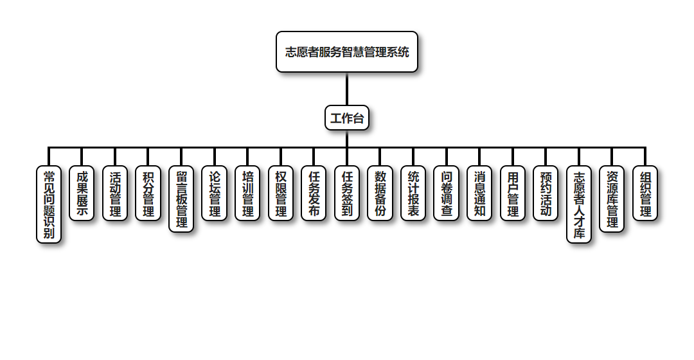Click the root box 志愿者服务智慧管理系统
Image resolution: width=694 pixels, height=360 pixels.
pos(347,52)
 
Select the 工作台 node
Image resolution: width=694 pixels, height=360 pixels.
pos(347,118)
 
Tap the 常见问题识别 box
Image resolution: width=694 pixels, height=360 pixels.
pos(49,204)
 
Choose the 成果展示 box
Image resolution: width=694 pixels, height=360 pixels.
pos(82,194)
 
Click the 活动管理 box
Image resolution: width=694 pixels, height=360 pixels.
pos(115,194)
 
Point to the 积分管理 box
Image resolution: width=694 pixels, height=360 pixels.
pos(148,194)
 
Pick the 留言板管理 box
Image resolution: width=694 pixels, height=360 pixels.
pos(181,199)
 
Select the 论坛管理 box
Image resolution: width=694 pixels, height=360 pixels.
pos(215,194)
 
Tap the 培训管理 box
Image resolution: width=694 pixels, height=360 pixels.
pos(248,194)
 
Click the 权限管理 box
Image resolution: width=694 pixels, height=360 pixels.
pos(281,194)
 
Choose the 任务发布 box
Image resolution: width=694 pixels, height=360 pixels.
pos(314,194)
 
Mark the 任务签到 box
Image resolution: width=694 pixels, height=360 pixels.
pos(347,194)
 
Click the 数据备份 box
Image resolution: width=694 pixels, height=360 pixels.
pos(380,194)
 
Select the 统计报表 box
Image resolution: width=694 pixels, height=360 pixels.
pos(414,194)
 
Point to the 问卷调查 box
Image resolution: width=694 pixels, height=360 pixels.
pos(447,194)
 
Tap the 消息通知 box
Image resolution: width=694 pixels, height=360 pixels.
pos(480,194)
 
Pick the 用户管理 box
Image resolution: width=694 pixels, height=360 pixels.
pos(513,194)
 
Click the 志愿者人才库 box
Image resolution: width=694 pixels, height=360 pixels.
pos(579,204)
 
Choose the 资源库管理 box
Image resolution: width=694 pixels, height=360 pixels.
pos(612,199)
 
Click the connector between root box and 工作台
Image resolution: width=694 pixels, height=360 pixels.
pos(347,89)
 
